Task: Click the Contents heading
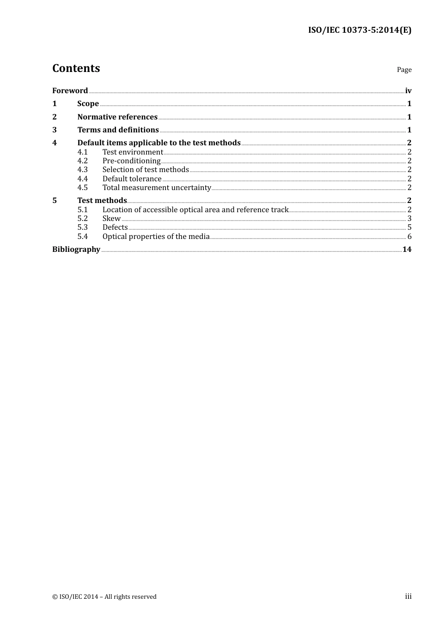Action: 76,68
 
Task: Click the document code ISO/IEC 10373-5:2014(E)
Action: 360,30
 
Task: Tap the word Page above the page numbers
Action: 404,70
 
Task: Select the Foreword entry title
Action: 70,91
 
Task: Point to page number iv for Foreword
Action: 408,91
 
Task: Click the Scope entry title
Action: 88,104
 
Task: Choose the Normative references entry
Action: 117,117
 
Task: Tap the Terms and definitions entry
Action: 118,130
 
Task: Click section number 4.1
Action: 82,152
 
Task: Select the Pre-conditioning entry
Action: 131,161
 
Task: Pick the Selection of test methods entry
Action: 146,170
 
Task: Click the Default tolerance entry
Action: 132,179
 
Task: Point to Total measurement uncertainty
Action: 157,188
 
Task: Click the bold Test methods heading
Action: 102,201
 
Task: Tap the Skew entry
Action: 111,219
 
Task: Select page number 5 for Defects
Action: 409,227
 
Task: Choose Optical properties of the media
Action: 156,237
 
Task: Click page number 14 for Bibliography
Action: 407,250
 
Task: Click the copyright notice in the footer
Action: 104,597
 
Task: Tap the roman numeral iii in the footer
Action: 408,596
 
